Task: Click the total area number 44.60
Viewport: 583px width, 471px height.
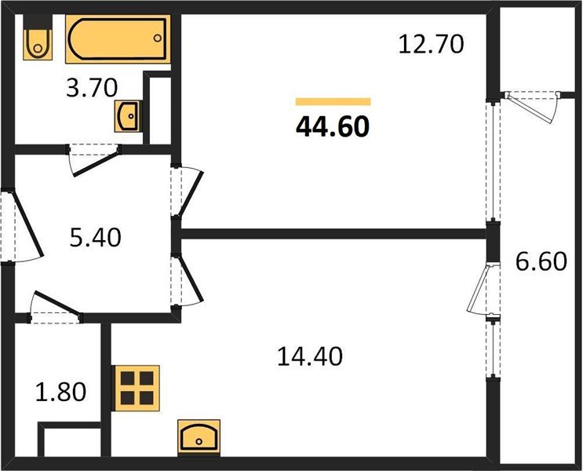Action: pyautogui.click(x=333, y=126)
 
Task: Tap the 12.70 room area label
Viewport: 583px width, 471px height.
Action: pyautogui.click(x=431, y=44)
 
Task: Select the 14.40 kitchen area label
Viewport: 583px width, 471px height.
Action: pyautogui.click(x=310, y=356)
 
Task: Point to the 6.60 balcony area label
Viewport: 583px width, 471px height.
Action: pyautogui.click(x=541, y=261)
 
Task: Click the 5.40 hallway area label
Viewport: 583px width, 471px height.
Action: pyautogui.click(x=96, y=237)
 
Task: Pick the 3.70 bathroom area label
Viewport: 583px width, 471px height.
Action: pyautogui.click(x=92, y=88)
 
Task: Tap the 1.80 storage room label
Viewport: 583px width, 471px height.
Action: pyautogui.click(x=61, y=392)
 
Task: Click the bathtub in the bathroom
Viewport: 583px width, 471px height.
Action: pyautogui.click(x=118, y=38)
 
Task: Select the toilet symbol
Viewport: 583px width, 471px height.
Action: pyautogui.click(x=38, y=37)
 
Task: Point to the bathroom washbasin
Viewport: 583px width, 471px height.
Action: pyautogui.click(x=128, y=115)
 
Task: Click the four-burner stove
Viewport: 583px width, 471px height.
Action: pyautogui.click(x=137, y=388)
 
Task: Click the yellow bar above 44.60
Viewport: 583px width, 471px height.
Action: pyautogui.click(x=333, y=101)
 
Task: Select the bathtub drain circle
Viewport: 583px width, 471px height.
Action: pyautogui.click(x=158, y=38)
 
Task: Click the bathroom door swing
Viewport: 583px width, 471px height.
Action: pyautogui.click(x=94, y=161)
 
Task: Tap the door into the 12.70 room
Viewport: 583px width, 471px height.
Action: pyautogui.click(x=191, y=191)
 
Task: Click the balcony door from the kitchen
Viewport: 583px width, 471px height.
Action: pyautogui.click(x=483, y=288)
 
